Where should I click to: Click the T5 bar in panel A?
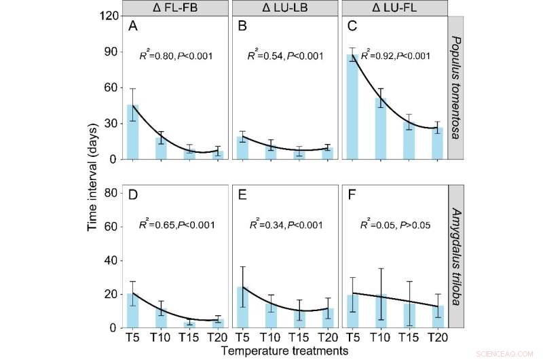(x=133, y=132)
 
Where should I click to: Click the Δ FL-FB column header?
(x=175, y=8)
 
